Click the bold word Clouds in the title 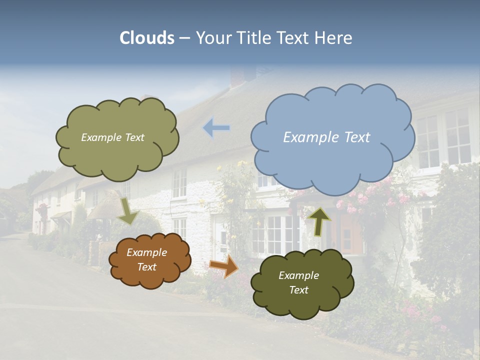[147, 38]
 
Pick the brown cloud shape [149, 260]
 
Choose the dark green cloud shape [301, 283]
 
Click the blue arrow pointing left [216, 128]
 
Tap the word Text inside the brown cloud [147, 267]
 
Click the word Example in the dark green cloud [298, 275]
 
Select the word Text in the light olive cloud [134, 137]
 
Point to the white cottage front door [221, 240]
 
